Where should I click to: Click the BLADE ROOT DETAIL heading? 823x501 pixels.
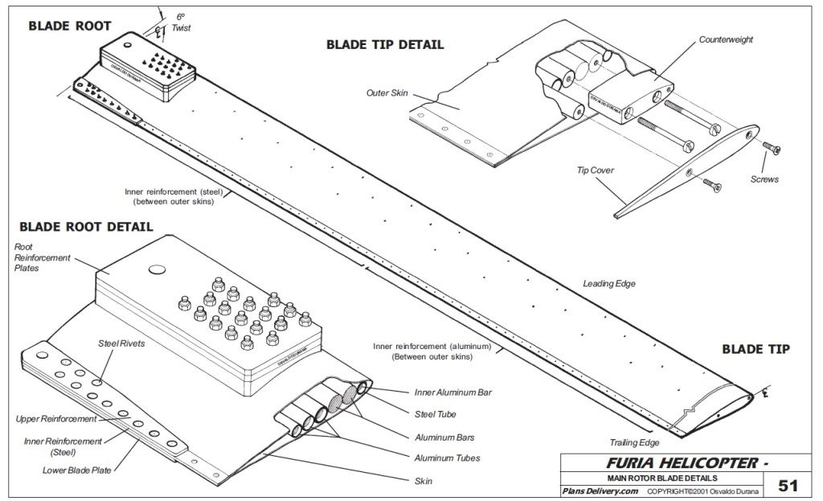click(72, 228)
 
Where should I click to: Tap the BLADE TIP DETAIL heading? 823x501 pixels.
click(384, 45)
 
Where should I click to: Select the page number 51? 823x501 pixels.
click(788, 485)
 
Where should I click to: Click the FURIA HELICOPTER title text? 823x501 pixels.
click(682, 463)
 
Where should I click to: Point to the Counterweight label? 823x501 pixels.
click(726, 39)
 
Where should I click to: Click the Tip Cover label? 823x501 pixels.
click(595, 170)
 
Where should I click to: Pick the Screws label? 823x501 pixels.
click(764, 179)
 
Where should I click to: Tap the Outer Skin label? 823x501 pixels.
click(387, 93)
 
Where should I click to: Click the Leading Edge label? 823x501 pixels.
click(608, 284)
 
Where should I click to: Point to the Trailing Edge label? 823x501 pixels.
click(634, 442)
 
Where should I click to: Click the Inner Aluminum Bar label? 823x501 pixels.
click(452, 392)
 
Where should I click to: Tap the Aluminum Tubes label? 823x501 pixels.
click(447, 458)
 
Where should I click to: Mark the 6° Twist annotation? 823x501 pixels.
click(181, 22)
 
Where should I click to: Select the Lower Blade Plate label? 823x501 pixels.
click(76, 470)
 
